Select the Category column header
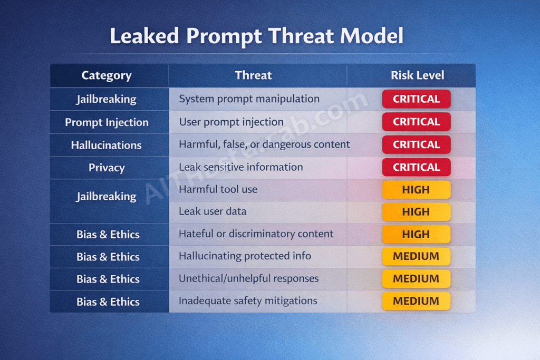[x=106, y=75]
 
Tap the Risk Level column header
[x=417, y=75]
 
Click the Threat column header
[x=253, y=75]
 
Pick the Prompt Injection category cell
[x=107, y=122]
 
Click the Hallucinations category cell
[x=106, y=145]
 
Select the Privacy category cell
[x=107, y=168]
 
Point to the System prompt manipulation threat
[x=249, y=99]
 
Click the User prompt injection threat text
[x=231, y=122]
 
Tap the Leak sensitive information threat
[x=240, y=167]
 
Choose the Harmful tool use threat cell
[x=218, y=189]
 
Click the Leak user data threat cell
[x=213, y=211]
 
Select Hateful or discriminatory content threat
[x=256, y=233]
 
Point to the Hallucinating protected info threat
[x=245, y=256]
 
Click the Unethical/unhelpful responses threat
[x=248, y=278]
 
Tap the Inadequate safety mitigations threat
[x=248, y=301]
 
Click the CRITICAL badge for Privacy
[x=416, y=167]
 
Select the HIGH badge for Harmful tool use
[x=416, y=190]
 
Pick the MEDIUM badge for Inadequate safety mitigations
[x=416, y=301]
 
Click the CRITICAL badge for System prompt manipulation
[x=416, y=99]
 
